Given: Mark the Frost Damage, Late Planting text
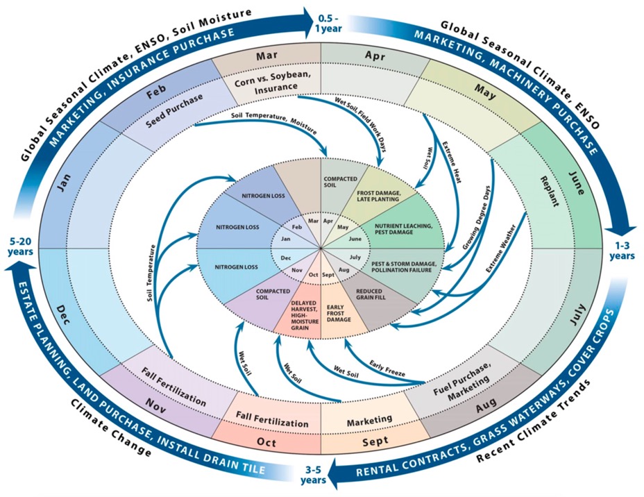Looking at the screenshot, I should click(378, 195).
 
